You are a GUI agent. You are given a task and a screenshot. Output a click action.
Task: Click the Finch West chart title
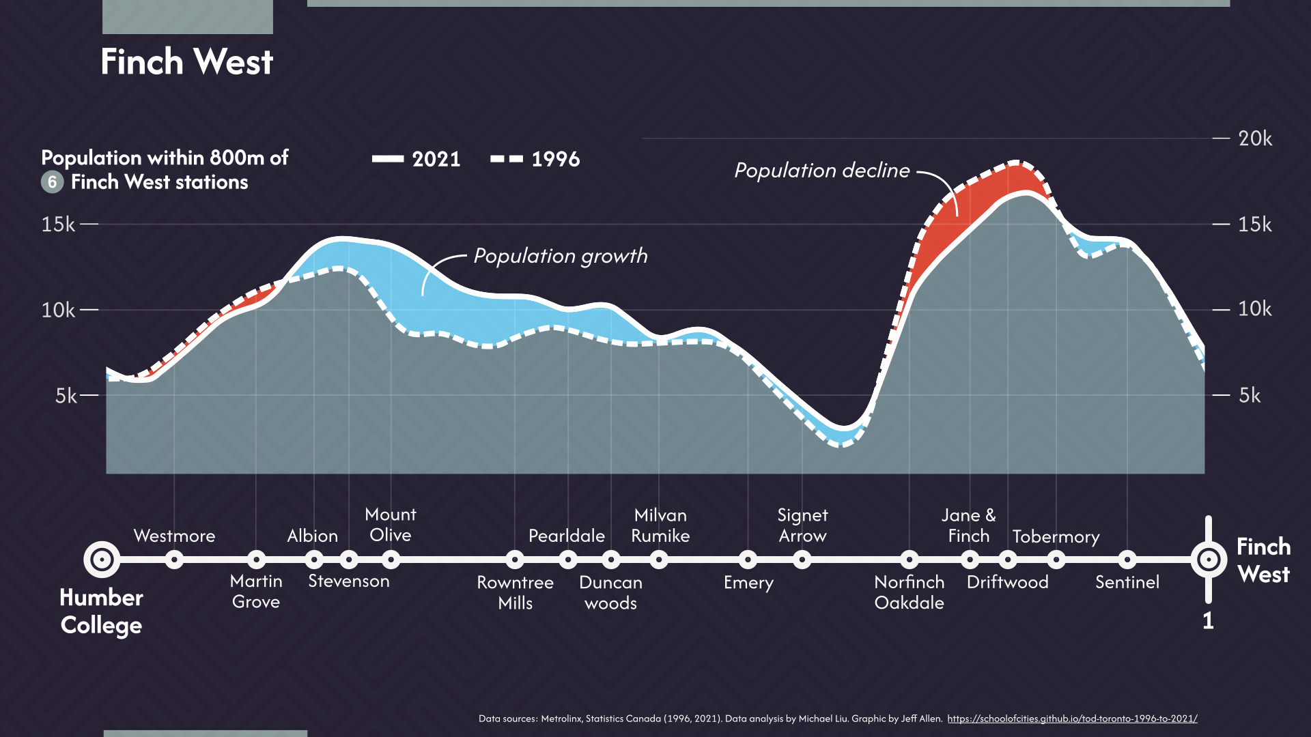point(186,62)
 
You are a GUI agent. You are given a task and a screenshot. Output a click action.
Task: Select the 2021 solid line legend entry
point(417,159)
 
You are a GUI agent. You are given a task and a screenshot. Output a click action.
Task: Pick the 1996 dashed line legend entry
point(535,159)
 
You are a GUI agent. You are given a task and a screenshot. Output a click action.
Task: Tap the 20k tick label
point(1254,139)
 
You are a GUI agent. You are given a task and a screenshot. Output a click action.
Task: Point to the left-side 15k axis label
point(58,225)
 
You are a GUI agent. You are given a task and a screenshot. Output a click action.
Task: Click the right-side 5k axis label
point(1249,395)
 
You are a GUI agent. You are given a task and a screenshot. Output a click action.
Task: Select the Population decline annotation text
point(821,171)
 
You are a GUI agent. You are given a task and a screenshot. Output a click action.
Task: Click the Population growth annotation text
point(560,256)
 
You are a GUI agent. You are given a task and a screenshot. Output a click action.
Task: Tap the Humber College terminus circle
point(102,560)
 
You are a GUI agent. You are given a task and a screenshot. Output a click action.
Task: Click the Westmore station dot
point(174,560)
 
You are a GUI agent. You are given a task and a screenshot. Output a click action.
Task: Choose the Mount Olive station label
point(391,525)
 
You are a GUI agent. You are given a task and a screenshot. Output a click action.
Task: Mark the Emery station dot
point(748,560)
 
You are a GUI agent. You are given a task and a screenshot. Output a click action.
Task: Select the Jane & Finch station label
point(968,525)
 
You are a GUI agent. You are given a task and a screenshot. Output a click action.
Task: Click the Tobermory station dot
point(1056,560)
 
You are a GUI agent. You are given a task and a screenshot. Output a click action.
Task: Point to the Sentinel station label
point(1127,582)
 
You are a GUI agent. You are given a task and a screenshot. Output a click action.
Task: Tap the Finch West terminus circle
point(1208,560)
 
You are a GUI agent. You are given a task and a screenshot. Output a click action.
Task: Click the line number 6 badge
point(52,182)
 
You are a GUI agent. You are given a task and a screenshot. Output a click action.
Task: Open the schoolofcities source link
point(1072,719)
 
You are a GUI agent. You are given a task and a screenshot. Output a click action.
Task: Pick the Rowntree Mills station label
point(515,592)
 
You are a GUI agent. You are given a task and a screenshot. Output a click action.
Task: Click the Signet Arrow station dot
point(802,560)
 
